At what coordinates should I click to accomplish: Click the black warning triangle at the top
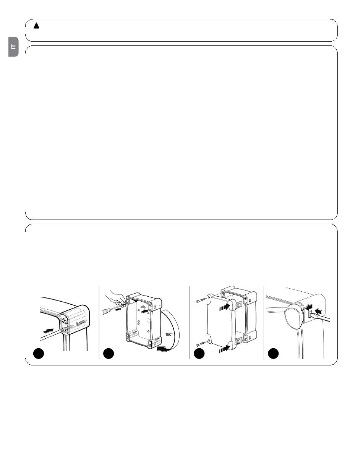pyautogui.click(x=36, y=26)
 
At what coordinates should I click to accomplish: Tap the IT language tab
pyautogui.click(x=13, y=47)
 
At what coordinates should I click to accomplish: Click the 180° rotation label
pyautogui.click(x=169, y=334)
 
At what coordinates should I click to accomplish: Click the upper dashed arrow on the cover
pyautogui.click(x=224, y=307)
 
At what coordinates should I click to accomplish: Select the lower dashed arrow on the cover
pyautogui.click(x=224, y=348)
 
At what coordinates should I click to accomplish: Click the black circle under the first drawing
pyautogui.click(x=39, y=353)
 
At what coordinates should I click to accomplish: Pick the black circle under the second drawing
pyautogui.click(x=109, y=353)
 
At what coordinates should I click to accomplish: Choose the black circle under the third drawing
pyautogui.click(x=199, y=353)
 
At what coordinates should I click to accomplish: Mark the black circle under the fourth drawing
pyautogui.click(x=273, y=353)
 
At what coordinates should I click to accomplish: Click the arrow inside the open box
pyautogui.click(x=144, y=311)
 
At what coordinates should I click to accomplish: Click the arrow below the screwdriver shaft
pyautogui.click(x=118, y=310)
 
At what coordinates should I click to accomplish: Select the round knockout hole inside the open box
pyautogui.click(x=148, y=320)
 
